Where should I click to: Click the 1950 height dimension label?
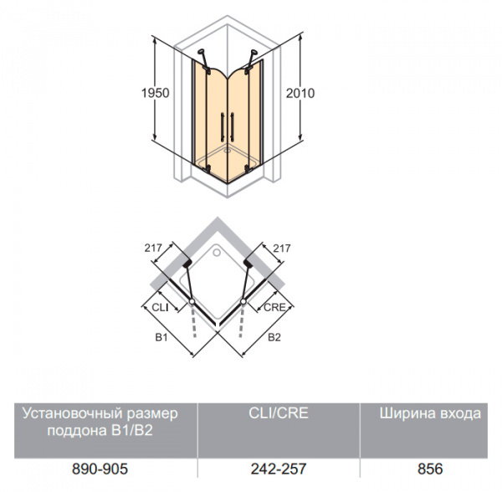tap(156, 93)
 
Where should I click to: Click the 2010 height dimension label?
tap(300, 93)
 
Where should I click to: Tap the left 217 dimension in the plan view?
tap(153, 248)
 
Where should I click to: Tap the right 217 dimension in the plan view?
tap(282, 248)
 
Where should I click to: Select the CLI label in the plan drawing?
tap(160, 307)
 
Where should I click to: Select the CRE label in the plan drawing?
tap(274, 307)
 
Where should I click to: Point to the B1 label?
tap(161, 337)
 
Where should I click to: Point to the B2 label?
tap(274, 337)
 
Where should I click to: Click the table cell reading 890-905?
tap(100, 469)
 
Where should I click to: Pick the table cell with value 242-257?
tap(279, 469)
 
